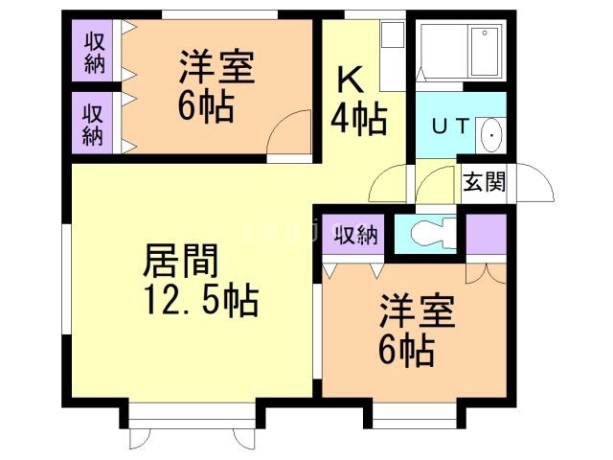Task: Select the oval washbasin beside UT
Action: (490, 136)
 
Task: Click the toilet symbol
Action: (426, 232)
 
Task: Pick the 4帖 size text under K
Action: (359, 119)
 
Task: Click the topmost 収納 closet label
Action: (94, 51)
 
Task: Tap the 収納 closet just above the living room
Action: (93, 122)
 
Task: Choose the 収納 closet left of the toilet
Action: (354, 235)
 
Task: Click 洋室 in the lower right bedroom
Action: (418, 315)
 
